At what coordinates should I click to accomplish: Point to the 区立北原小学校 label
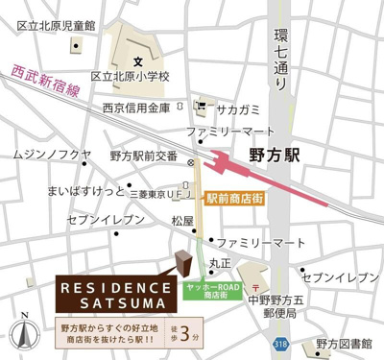tap(130, 76)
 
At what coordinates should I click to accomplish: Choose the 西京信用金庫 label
tap(136, 108)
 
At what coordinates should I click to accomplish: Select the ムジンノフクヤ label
tap(53, 154)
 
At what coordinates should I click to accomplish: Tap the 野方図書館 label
tap(344, 343)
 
